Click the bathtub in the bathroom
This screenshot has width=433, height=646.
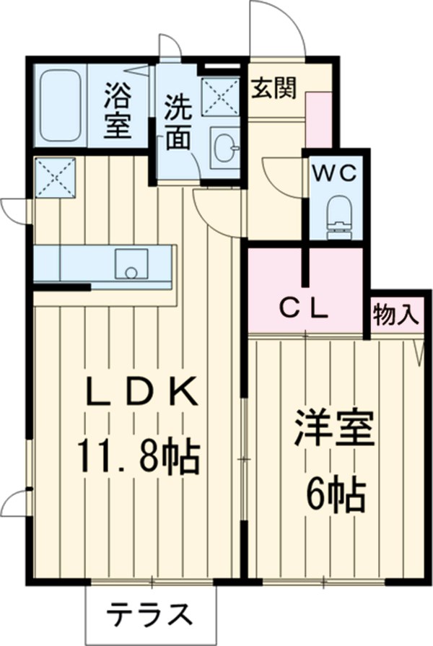click(x=60, y=105)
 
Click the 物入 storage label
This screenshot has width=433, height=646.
click(x=395, y=314)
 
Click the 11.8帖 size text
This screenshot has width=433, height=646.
click(x=139, y=455)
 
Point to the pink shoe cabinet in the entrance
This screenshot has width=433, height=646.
click(x=317, y=119)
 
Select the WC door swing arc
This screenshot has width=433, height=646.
click(x=281, y=173)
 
